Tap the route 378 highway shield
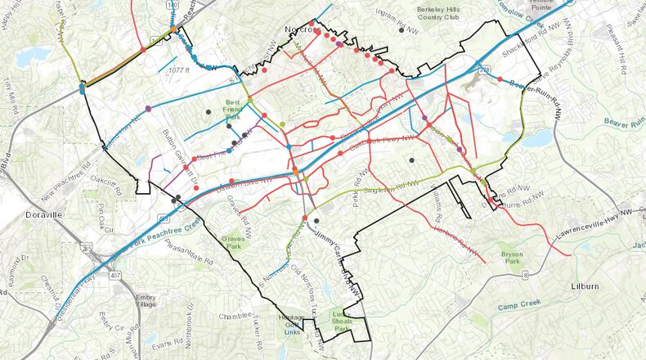tap(486, 71)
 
